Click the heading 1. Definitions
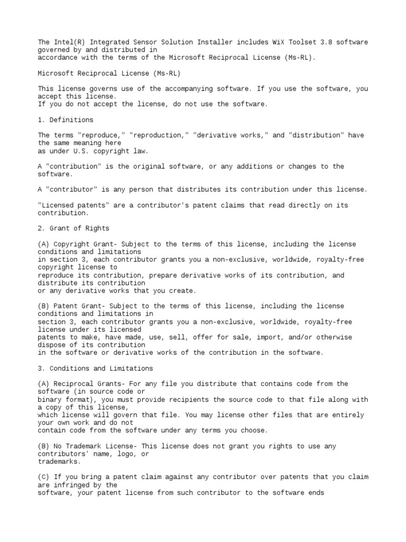tap(66, 120)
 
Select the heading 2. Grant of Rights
tap(73, 229)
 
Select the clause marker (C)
tap(44, 477)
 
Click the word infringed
tap(71, 485)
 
